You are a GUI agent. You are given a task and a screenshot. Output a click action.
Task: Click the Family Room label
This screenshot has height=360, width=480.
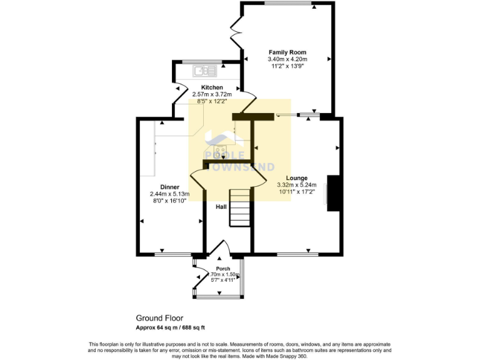287,52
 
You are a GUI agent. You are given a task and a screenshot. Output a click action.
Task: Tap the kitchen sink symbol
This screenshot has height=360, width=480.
203,70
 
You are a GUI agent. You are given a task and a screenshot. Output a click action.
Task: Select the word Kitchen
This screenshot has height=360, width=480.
212,87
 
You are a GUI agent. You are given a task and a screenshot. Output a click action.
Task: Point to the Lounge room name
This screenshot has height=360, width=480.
296,177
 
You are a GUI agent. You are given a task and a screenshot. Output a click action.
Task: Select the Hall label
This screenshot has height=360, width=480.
221,206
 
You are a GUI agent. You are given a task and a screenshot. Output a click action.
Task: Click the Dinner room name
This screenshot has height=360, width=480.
169,187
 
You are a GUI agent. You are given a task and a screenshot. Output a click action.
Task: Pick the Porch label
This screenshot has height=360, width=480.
223,269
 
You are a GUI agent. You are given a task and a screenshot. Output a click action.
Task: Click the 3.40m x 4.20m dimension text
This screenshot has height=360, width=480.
287,59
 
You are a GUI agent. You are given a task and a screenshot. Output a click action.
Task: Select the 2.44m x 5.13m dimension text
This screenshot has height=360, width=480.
169,194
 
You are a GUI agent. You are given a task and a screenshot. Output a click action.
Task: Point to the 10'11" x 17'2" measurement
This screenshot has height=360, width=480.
296,192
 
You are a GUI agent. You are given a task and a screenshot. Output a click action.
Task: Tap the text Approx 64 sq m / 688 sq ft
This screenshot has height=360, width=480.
179,327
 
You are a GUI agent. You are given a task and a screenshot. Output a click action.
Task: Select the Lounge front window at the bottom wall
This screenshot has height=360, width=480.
297,254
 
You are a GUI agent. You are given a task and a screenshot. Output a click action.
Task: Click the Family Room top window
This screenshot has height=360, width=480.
287,4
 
